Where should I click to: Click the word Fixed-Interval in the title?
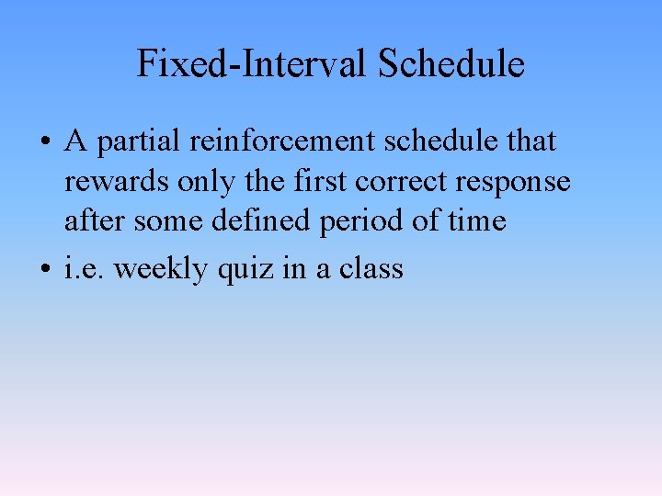click(253, 64)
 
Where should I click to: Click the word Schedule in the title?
click(451, 64)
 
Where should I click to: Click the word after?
click(95, 221)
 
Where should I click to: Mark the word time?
click(479, 221)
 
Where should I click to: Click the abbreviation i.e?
click(84, 269)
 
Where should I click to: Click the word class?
click(371, 269)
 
